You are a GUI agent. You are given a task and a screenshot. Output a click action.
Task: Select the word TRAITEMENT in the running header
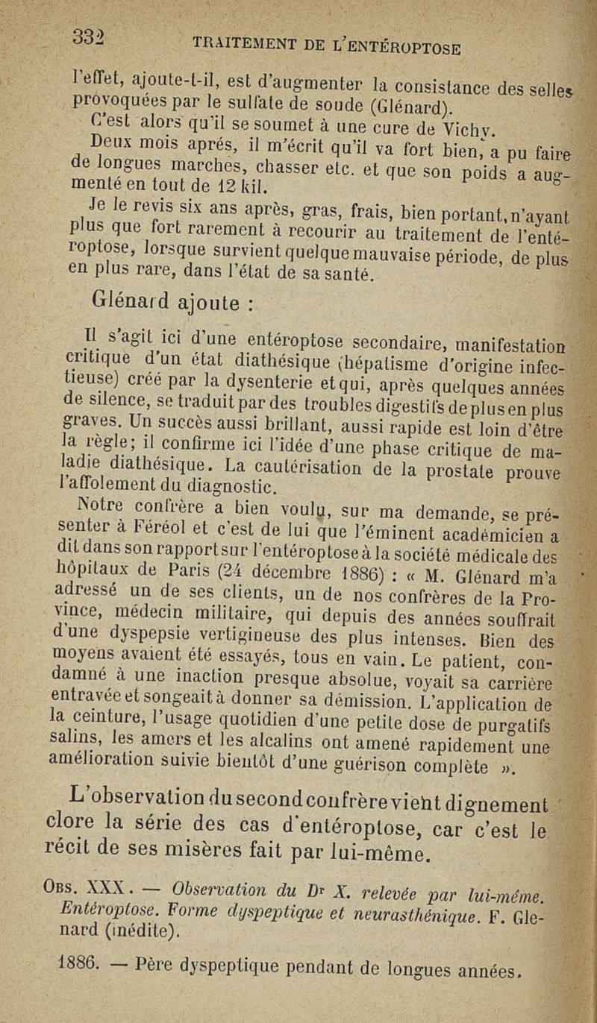click(x=228, y=44)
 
